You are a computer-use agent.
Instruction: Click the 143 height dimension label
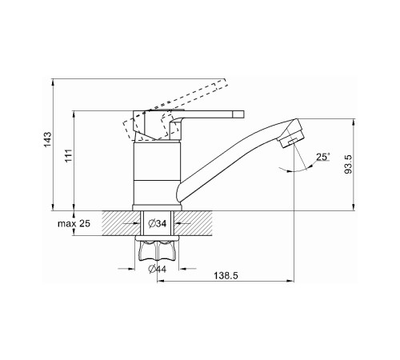pos(47,139)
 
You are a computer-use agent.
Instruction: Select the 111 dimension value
pos(69,156)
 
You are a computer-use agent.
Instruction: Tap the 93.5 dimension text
pos(348,164)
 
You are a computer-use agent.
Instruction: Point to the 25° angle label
pos(323,157)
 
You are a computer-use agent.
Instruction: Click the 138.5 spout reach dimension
pos(226,275)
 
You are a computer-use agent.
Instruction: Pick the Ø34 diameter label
pos(158,223)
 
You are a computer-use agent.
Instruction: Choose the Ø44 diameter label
pos(157,269)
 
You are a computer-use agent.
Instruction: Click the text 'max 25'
pos(74,223)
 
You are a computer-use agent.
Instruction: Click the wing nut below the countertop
pos(158,250)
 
